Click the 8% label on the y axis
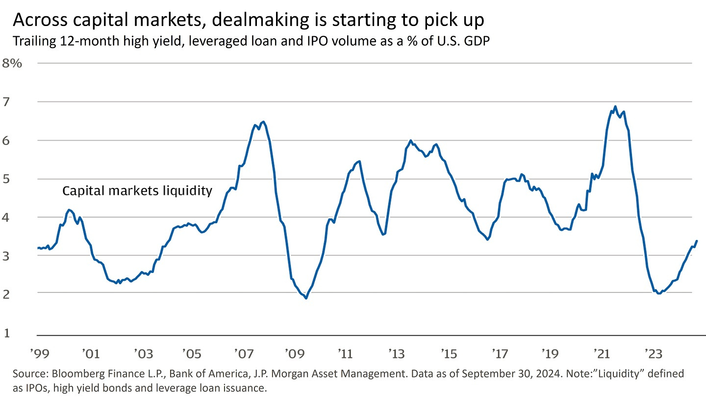pyautogui.click(x=13, y=63)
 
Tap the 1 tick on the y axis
pyautogui.click(x=7, y=333)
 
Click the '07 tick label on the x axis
pyautogui.click(x=244, y=353)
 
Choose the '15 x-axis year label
pyautogui.click(x=449, y=353)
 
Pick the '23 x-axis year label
pyautogui.click(x=653, y=353)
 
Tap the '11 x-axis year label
pyautogui.click(x=346, y=353)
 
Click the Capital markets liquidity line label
pyautogui.click(x=137, y=191)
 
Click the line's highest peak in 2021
pyautogui.click(x=615, y=107)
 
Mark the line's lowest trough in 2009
pyautogui.click(x=306, y=298)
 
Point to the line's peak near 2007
pyautogui.click(x=264, y=122)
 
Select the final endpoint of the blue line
pyautogui.click(x=697, y=241)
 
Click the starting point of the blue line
pyautogui.click(x=38, y=248)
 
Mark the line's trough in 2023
pyautogui.click(x=659, y=294)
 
